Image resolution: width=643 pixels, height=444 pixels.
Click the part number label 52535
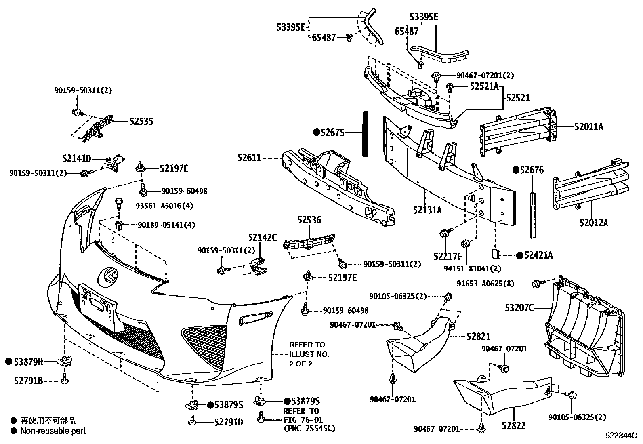141,121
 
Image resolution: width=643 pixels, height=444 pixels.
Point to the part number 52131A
427,210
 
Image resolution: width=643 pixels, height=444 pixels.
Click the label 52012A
594,223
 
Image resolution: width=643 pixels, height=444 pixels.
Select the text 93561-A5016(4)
165,206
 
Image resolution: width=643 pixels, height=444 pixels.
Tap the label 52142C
263,238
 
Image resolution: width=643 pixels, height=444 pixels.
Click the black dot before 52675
317,132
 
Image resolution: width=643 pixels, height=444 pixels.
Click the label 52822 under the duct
514,425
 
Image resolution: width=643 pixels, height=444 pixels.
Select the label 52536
309,220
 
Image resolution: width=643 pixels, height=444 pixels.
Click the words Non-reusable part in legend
53,431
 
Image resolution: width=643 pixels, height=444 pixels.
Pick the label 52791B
28,381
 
